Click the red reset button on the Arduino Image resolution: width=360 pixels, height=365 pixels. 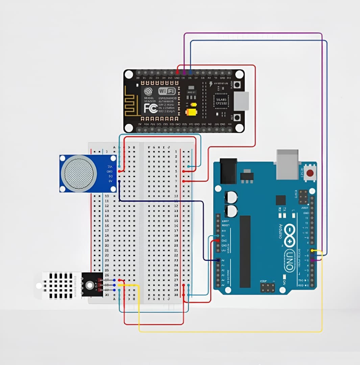tap(309, 174)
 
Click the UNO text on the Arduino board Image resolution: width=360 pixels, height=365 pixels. tap(289, 261)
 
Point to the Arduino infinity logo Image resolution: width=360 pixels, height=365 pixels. tap(290, 236)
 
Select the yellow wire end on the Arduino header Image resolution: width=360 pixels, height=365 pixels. tap(312, 250)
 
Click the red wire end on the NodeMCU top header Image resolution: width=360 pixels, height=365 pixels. tap(178, 72)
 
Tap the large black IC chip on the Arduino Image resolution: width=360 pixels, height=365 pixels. tap(245, 251)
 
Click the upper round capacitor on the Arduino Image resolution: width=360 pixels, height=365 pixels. tap(231, 197)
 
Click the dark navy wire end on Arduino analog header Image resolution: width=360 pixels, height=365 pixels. tap(218, 260)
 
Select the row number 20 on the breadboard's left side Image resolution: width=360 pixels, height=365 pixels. tap(107, 245)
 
